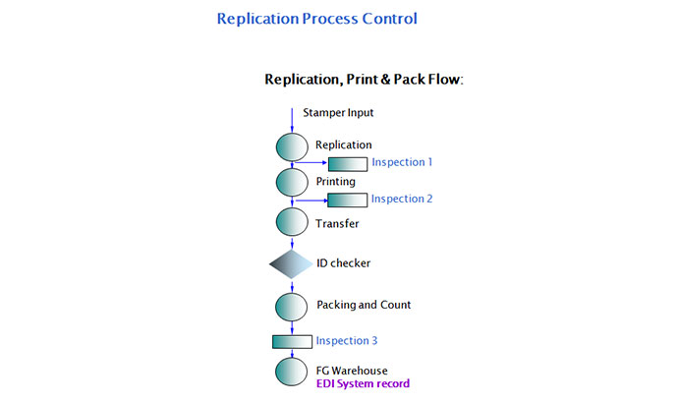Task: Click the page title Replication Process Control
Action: coord(316,19)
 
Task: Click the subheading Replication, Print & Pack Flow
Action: coord(364,79)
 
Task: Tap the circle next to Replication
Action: coord(292,147)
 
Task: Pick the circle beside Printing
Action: coord(292,183)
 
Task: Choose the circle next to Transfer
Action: coord(292,221)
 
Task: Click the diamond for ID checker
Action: coord(292,263)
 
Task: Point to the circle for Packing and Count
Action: coord(292,306)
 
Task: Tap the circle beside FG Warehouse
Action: coord(292,373)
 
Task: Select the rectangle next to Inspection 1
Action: coord(347,163)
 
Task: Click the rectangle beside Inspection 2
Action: coord(347,200)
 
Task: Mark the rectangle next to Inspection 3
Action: coord(292,342)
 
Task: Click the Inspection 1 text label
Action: coord(402,162)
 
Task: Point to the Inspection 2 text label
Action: coord(401,199)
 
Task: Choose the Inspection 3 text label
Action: coord(346,341)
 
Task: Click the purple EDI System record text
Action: coord(363,384)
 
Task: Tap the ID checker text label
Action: coord(343,263)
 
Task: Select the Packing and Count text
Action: coord(364,305)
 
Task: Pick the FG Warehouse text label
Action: coord(352,371)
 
